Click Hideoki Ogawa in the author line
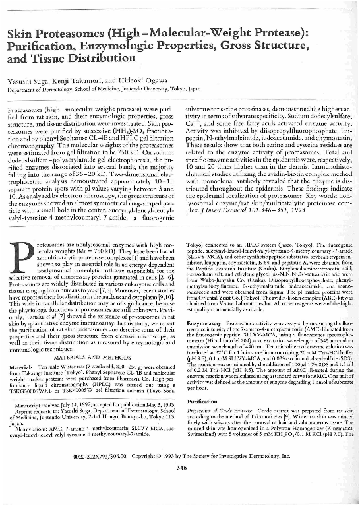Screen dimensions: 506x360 (x=131, y=79)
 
